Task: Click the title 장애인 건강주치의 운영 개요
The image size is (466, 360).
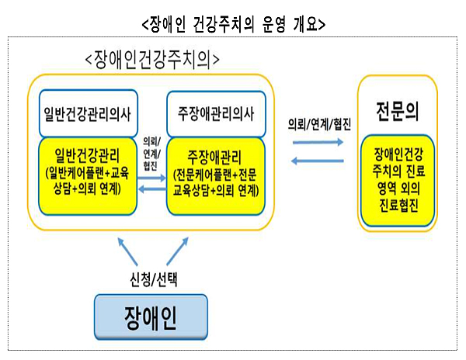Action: pos(234,24)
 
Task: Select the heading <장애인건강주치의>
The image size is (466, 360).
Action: pos(152,58)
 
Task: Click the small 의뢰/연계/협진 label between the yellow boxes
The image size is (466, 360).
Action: pos(150,151)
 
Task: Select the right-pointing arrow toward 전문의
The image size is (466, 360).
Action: pos(318,143)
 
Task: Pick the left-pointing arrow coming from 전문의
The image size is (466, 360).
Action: pos(318,161)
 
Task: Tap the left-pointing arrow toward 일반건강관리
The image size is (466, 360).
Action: pos(150,189)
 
